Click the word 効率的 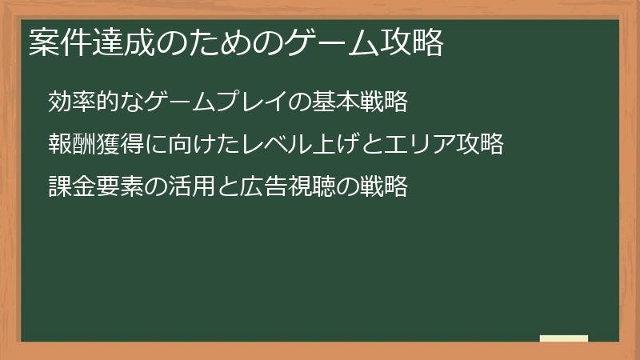tap(80, 102)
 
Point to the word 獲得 tap(117, 145)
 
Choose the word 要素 tap(117, 187)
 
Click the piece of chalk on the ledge tap(564, 338)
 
